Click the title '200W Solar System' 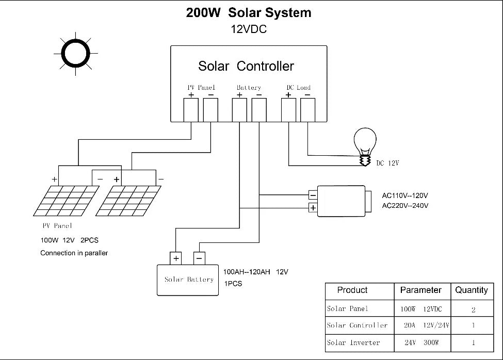[x=249, y=13]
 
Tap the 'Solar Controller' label [x=246, y=66]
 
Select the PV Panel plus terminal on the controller [x=191, y=110]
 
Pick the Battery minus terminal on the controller [x=259, y=110]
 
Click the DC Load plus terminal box [x=288, y=110]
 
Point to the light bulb [x=365, y=146]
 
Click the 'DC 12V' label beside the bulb [x=387, y=163]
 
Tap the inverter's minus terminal [x=313, y=195]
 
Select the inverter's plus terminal [x=313, y=208]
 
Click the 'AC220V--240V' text [x=405, y=206]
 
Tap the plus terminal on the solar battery [x=176, y=258]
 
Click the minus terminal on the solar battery [x=199, y=258]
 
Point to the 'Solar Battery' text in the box [x=189, y=280]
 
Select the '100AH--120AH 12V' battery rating [x=256, y=272]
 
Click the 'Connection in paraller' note [x=74, y=253]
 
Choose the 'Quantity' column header [x=472, y=290]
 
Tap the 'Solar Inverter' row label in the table [x=353, y=342]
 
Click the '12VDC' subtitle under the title [x=249, y=29]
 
